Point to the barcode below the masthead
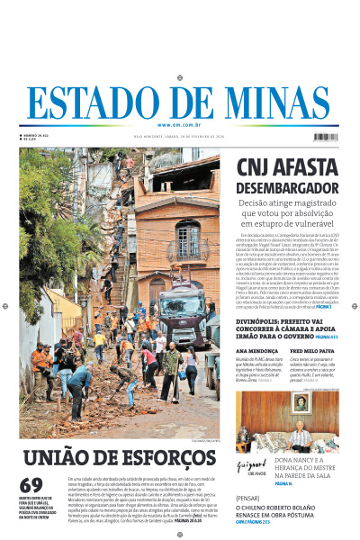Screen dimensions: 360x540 (x=324, y=137)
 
